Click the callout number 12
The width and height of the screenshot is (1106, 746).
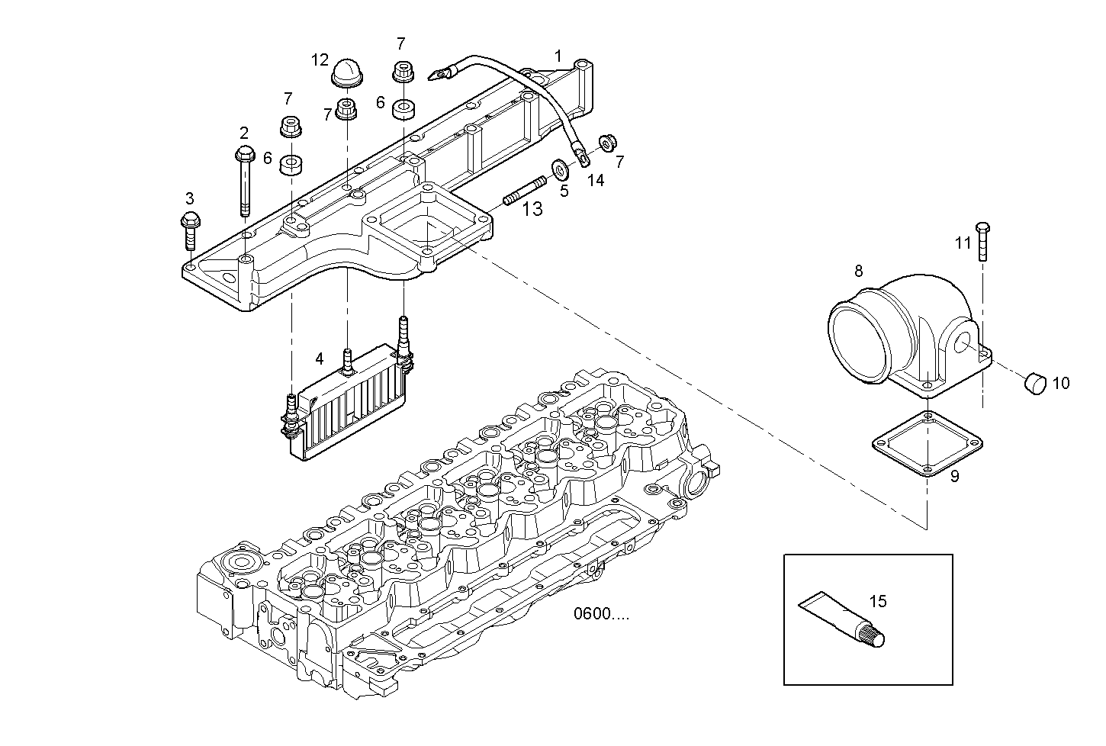(x=320, y=59)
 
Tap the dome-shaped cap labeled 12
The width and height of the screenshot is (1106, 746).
(x=347, y=74)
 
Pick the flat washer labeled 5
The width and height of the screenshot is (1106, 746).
(x=558, y=167)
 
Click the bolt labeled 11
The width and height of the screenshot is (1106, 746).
(x=982, y=242)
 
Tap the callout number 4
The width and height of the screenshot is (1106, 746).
(x=320, y=358)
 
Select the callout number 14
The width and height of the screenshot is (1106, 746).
(x=595, y=180)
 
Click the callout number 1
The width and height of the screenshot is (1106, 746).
(x=558, y=56)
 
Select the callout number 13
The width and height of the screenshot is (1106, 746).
(x=532, y=208)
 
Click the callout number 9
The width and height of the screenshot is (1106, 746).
(x=954, y=477)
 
